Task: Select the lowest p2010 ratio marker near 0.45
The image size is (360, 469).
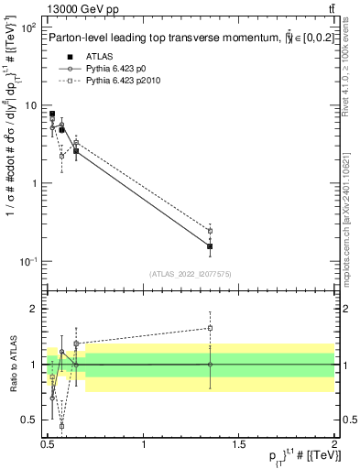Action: tap(61, 426)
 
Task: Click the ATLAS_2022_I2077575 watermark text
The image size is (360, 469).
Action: tap(190, 274)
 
